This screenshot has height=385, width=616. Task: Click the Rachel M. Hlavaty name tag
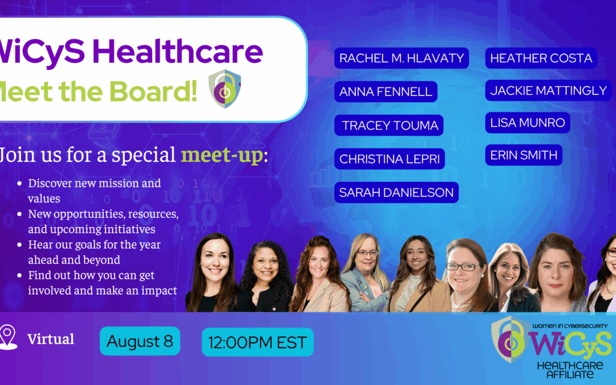pos(402,58)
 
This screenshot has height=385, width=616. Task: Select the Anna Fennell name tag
pos(386,92)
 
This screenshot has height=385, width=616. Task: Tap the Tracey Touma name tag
pos(390,125)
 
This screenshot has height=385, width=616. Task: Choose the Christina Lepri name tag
pos(390,159)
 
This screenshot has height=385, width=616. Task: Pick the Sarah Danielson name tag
pos(396,192)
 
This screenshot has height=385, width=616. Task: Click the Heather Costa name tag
pos(541,58)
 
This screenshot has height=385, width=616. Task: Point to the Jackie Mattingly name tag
pos(548,90)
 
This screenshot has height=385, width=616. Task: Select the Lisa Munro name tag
pos(528,123)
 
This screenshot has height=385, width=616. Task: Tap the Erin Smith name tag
pos(524,155)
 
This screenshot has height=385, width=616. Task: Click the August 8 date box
pos(140,341)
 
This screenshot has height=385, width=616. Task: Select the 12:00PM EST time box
pos(257,343)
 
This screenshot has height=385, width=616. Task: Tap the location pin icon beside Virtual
pos(8,337)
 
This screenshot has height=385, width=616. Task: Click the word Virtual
pos(51,339)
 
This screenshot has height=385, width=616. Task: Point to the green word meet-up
pos(222,155)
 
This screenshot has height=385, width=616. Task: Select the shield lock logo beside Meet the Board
pos(224,88)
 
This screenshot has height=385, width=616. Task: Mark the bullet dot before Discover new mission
pos(20,184)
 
